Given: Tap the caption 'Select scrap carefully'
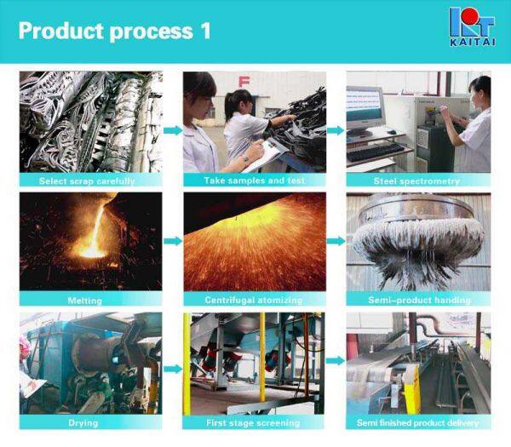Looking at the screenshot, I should pos(88,181).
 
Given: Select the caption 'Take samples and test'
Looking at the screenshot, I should pos(253,181).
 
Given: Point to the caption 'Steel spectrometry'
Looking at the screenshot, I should pos(416,181).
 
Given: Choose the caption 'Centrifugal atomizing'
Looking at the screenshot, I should pos(253,301).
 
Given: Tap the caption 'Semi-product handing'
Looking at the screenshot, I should pos(417,301).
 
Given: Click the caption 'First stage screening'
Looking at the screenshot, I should pos(253,422).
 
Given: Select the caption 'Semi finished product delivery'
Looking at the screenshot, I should pos(417,422).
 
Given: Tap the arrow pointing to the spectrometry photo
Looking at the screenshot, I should pos(336,130).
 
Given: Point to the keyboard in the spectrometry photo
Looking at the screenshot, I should pos(375,152).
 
